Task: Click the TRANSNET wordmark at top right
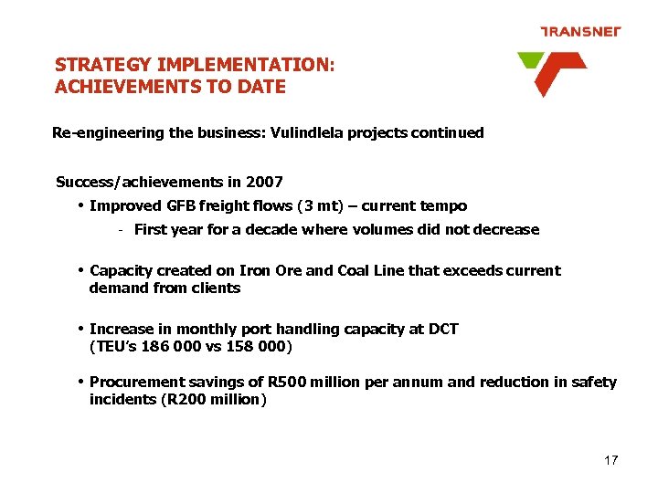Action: click(580, 31)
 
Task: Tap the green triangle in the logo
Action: click(529, 61)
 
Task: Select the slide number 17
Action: click(610, 460)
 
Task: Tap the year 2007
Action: click(265, 183)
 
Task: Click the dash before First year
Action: click(121, 230)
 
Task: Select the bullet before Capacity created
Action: click(81, 271)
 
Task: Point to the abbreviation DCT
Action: click(441, 330)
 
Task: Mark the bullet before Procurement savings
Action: click(81, 383)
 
